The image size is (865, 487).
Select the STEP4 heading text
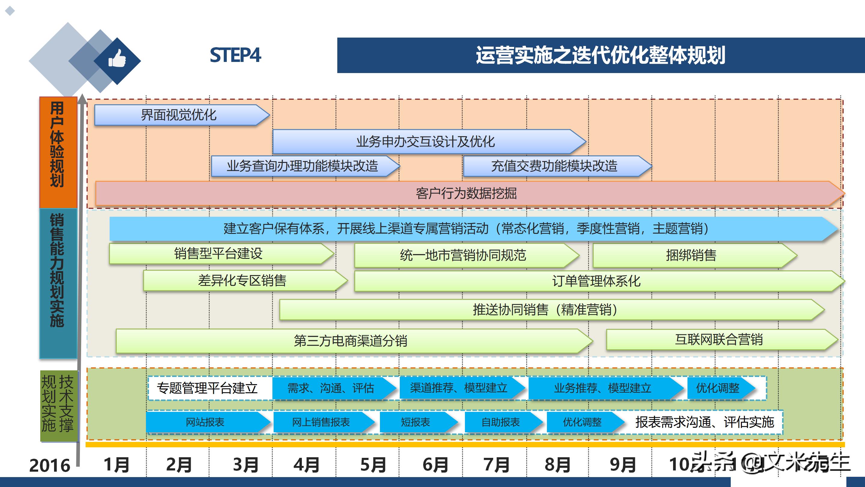pyautogui.click(x=235, y=55)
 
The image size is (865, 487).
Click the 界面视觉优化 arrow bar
pyautogui.click(x=179, y=115)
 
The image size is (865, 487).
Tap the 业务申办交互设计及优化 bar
pyautogui.click(x=426, y=142)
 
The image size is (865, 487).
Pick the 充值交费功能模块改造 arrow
pyautogui.click(x=554, y=166)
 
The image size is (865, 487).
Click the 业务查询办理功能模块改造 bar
pyautogui.click(x=302, y=166)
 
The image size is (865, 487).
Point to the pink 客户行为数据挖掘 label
pyautogui.click(x=466, y=194)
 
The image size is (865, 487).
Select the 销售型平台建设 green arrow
pyautogui.click(x=218, y=254)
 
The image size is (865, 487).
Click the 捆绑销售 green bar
pyautogui.click(x=691, y=256)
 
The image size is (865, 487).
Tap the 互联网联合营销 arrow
pyautogui.click(x=719, y=339)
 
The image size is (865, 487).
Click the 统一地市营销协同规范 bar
pyautogui.click(x=463, y=256)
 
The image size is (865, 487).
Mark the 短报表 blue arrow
pyautogui.click(x=415, y=422)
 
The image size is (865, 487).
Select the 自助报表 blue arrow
pyautogui.click(x=500, y=422)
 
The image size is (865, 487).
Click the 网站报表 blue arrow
pyautogui.click(x=205, y=422)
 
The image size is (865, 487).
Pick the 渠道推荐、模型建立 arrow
pyautogui.click(x=459, y=388)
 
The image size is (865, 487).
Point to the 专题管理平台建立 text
pyautogui.click(x=207, y=388)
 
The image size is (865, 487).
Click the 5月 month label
pyautogui.click(x=373, y=465)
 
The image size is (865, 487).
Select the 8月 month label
pyautogui.click(x=557, y=465)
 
